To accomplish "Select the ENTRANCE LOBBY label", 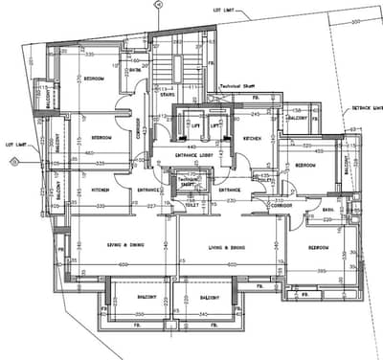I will [195, 153].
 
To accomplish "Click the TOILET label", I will [191, 204].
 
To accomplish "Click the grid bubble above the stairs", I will [160, 5].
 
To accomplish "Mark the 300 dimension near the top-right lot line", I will [355, 21].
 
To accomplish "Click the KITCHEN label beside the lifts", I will [252, 140].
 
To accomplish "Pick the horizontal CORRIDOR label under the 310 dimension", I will [281, 205].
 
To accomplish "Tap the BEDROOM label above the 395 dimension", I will [317, 247].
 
